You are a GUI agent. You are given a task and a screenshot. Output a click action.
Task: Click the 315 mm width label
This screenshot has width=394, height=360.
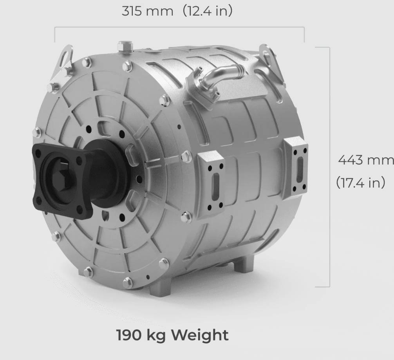147,11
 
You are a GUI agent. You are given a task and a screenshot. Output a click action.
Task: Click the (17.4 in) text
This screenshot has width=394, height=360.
360,183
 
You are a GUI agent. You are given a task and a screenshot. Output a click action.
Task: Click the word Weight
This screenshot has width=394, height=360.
200,335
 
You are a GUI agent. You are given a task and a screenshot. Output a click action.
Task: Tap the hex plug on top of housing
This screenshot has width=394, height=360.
125,47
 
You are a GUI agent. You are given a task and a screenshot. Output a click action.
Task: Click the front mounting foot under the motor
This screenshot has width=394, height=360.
161,288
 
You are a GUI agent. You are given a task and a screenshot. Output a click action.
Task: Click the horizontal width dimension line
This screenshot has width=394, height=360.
179,27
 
